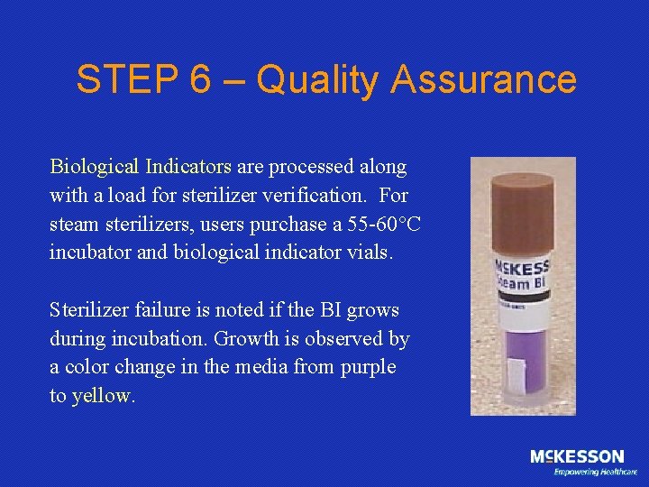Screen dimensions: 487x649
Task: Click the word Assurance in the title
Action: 483,80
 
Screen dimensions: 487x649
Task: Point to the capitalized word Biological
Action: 94,167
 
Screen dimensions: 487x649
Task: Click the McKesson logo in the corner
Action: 577,457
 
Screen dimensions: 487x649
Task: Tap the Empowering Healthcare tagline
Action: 595,472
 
